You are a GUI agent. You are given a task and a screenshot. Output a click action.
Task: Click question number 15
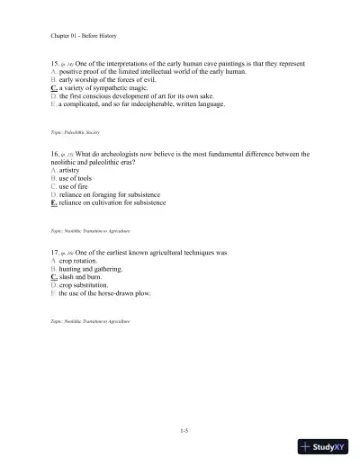click(x=57, y=65)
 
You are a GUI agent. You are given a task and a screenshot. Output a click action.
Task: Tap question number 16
click(x=57, y=154)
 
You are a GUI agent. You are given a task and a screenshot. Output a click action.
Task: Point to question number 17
click(x=57, y=254)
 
